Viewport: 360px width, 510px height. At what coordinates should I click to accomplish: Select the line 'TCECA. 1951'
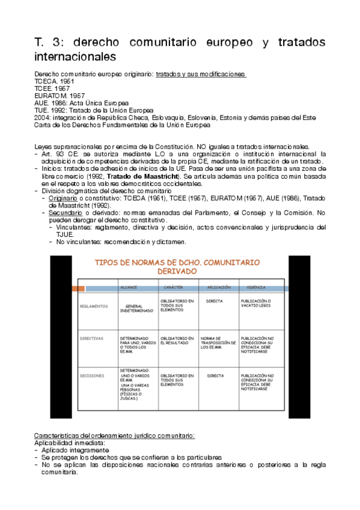click(52, 81)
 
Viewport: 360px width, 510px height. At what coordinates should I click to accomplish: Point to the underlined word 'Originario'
click(63, 198)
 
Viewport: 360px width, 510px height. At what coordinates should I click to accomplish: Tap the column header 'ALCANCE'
click(129, 288)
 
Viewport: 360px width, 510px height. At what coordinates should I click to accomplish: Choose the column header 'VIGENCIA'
click(256, 288)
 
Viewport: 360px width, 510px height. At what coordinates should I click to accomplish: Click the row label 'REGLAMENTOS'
click(93, 306)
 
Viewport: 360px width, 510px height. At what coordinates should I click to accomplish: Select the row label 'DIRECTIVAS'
click(91, 339)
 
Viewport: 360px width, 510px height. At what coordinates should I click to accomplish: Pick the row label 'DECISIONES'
click(91, 376)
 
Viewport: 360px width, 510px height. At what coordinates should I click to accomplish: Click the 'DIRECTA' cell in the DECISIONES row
click(215, 376)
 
